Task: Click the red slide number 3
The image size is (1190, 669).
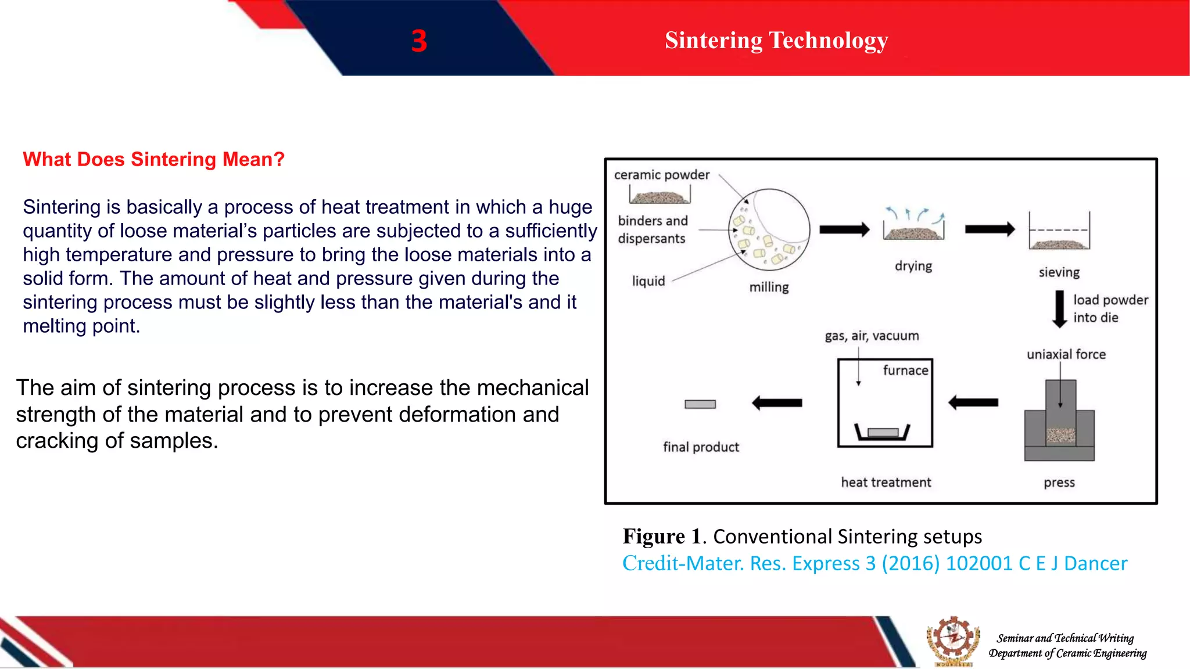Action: click(x=419, y=41)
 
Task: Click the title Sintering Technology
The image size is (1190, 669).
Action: click(x=776, y=40)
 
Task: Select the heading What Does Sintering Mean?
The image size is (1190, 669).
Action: click(x=153, y=159)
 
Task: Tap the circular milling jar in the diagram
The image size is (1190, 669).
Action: click(x=769, y=229)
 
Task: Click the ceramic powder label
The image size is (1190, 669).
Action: click(x=661, y=175)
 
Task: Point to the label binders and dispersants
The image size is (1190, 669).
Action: click(x=652, y=229)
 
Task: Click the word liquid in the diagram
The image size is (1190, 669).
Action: click(x=648, y=281)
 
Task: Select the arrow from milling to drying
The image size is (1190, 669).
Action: click(x=844, y=229)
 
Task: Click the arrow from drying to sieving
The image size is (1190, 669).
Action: click(x=989, y=229)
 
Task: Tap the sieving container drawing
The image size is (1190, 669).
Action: click(x=1059, y=232)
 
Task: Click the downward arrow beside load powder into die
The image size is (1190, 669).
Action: click(x=1060, y=309)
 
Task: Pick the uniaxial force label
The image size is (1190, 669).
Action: click(x=1066, y=354)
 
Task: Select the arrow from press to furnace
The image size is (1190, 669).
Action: click(x=973, y=402)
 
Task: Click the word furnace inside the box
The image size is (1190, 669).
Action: click(x=905, y=371)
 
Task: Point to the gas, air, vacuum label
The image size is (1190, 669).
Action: click(x=872, y=336)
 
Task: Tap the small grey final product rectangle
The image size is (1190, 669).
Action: click(x=700, y=404)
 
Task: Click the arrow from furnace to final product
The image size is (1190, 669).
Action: click(x=777, y=402)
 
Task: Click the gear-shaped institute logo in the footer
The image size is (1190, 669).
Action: click(x=953, y=641)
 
